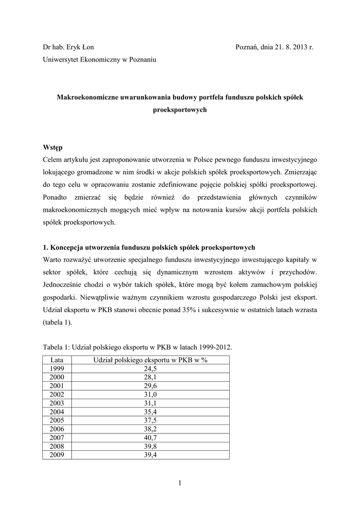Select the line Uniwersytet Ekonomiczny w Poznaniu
point(99,60)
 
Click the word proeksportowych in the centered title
point(180,110)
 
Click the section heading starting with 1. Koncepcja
point(149,247)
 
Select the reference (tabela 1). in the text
point(57,322)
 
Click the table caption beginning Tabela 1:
point(137,347)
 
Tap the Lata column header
point(57,359)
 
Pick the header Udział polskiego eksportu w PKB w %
point(151,359)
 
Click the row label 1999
point(57,368)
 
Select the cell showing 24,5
point(151,368)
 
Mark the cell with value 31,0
point(151,394)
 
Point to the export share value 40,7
point(151,437)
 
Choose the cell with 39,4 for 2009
point(151,454)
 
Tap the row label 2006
point(57,428)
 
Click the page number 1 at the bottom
point(180,481)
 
